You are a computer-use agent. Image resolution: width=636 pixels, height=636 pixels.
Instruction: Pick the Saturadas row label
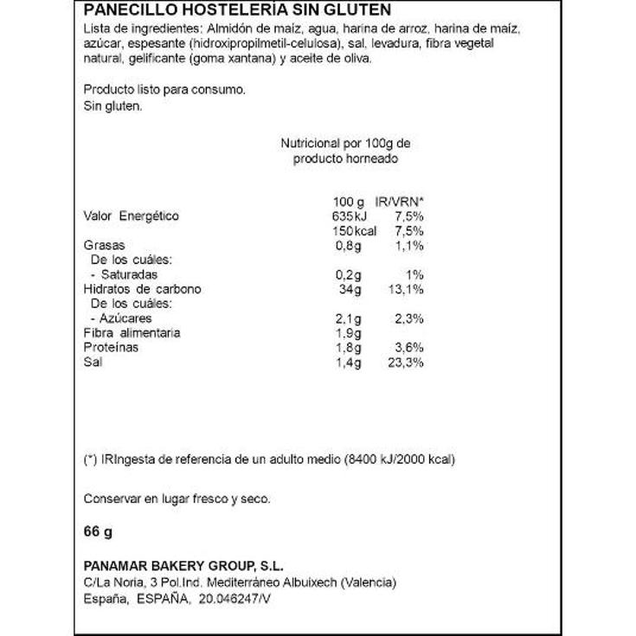(x=131, y=274)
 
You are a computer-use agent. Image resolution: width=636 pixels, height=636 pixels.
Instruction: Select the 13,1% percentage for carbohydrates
(x=403, y=289)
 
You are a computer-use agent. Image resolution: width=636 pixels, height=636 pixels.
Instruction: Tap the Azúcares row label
(x=128, y=318)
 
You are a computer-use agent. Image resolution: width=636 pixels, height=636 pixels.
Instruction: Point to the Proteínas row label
(x=110, y=348)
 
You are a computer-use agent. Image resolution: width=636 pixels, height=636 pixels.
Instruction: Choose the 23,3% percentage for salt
(x=403, y=363)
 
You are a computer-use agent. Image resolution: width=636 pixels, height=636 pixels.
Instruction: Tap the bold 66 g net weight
(x=99, y=530)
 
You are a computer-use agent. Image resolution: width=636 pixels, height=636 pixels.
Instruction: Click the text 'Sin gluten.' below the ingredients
(x=112, y=105)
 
